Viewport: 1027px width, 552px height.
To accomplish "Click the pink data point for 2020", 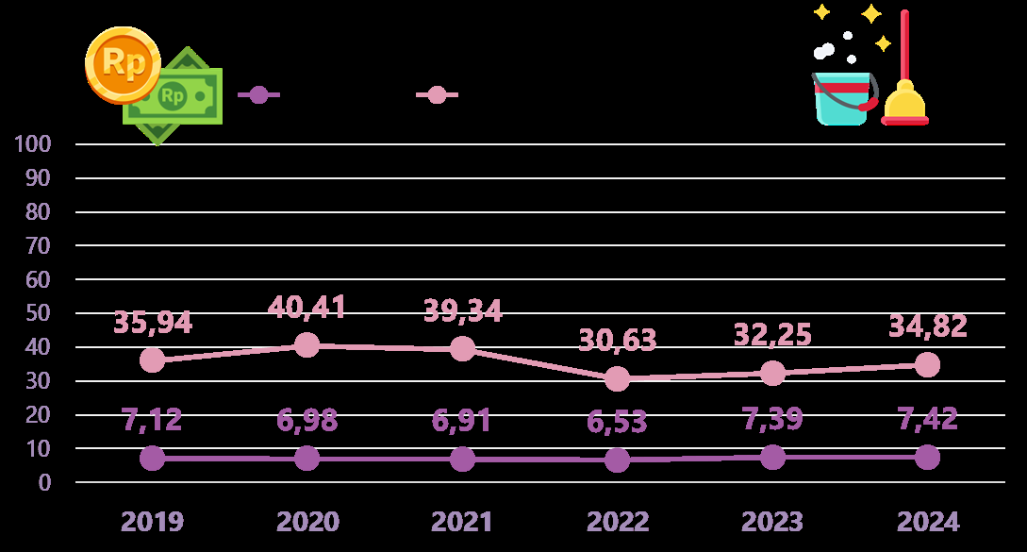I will click(x=306, y=345).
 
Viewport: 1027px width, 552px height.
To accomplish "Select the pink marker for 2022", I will click(x=617, y=378).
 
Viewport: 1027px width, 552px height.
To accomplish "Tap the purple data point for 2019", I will click(x=152, y=458).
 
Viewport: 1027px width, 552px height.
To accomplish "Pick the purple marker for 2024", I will click(x=927, y=457).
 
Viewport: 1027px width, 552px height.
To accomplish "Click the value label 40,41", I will click(x=306, y=307).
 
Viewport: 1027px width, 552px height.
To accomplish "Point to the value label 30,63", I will click(x=617, y=340).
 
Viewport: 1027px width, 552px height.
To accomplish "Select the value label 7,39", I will click(x=772, y=419).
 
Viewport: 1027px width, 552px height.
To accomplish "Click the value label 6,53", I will click(x=617, y=422).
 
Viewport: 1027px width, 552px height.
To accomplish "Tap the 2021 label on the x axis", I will click(x=462, y=522).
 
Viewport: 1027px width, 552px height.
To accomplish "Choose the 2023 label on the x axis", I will click(x=772, y=522).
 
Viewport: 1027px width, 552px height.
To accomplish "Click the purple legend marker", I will click(x=258, y=94).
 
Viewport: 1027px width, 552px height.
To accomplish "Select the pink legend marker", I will click(x=437, y=94).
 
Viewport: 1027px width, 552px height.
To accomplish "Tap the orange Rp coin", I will click(x=123, y=64).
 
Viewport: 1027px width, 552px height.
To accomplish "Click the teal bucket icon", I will click(x=841, y=100).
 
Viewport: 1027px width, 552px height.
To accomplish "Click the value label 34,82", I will click(x=927, y=326).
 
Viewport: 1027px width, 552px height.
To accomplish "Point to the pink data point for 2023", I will click(x=772, y=373).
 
